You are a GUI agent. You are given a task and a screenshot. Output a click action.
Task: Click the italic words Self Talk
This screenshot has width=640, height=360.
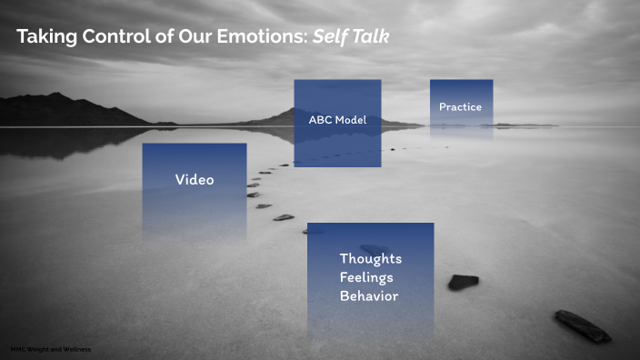point(352,37)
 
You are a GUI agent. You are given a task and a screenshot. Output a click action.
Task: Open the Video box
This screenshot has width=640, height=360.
point(195,180)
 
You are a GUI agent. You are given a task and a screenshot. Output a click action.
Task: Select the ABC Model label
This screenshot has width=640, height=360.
point(336,120)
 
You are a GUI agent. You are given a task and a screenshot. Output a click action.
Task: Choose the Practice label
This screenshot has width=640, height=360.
point(460,107)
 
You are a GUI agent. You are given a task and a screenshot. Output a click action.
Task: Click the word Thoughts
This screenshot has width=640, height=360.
point(370,259)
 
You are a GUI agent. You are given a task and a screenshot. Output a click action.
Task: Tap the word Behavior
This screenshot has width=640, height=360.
point(369,296)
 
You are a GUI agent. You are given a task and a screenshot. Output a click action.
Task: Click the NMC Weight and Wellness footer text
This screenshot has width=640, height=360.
point(51,349)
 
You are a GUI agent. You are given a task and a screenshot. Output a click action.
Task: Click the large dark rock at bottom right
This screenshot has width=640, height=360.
point(582,325)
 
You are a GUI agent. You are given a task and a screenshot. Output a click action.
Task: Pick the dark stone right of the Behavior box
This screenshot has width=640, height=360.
point(463,282)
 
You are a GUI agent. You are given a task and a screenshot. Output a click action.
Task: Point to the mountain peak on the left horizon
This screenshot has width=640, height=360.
point(56,95)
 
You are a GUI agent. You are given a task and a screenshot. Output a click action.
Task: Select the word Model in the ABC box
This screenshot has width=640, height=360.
point(350,120)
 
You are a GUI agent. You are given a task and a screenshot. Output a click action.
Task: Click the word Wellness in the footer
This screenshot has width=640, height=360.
point(77,349)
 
